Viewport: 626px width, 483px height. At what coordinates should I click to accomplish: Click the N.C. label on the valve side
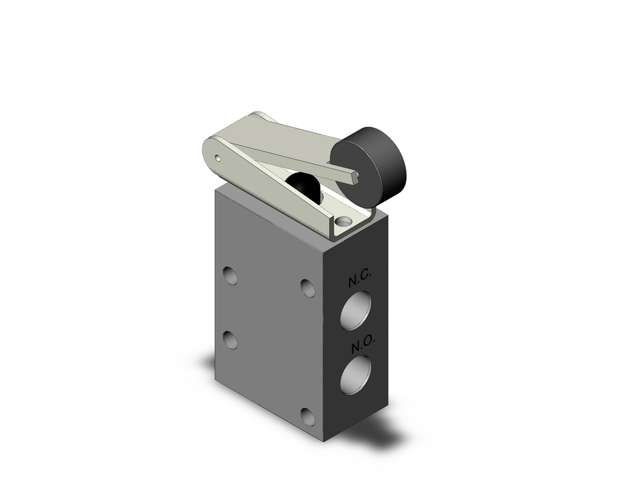(x=360, y=278)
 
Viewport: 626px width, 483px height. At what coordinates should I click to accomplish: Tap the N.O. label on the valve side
(x=362, y=343)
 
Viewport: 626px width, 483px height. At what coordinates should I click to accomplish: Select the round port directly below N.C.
(x=356, y=310)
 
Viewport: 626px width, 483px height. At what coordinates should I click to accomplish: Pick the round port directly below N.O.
(x=356, y=375)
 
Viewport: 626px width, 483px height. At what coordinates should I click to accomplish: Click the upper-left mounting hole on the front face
(x=230, y=275)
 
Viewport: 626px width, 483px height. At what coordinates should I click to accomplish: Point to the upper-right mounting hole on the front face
(x=307, y=288)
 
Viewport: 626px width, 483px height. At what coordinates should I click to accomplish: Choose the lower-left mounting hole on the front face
(x=230, y=340)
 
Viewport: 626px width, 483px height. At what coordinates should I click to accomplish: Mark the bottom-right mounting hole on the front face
(x=307, y=416)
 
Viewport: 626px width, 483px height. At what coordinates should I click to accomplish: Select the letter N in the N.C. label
(x=353, y=282)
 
